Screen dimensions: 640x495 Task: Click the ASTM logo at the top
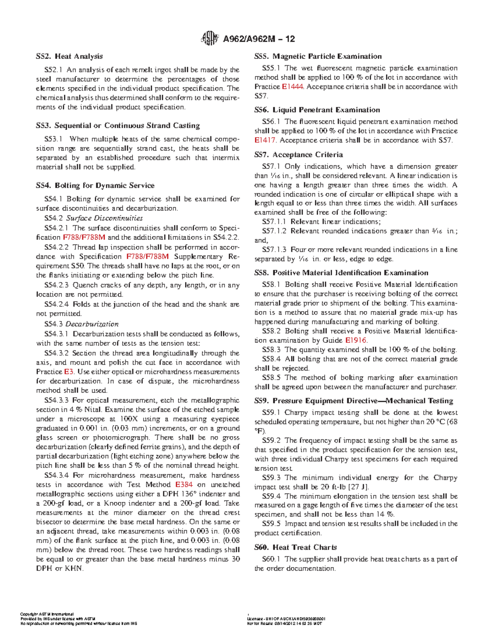209,39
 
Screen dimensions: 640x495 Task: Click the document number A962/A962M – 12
259,39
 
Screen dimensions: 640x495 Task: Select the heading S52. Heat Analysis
69,56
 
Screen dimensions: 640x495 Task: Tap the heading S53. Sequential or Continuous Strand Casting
118,126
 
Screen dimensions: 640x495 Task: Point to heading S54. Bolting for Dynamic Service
95,185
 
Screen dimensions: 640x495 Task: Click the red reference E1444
292,87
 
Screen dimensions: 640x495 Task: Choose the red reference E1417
265,140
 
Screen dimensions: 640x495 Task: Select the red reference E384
184,485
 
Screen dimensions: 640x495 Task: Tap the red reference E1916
356,340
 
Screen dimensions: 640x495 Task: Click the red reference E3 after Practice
69,372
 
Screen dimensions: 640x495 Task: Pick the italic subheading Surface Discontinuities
104,218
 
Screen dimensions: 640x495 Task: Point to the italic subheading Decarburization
92,324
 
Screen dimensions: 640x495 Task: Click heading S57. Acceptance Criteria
299,155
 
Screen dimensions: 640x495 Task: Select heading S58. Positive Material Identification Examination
341,273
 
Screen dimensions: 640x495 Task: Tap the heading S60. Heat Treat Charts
295,548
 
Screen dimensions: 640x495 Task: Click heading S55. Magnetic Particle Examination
318,56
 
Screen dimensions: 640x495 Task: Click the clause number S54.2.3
57,285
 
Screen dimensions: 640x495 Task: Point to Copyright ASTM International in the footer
47,614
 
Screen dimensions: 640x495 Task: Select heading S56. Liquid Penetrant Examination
317,110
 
